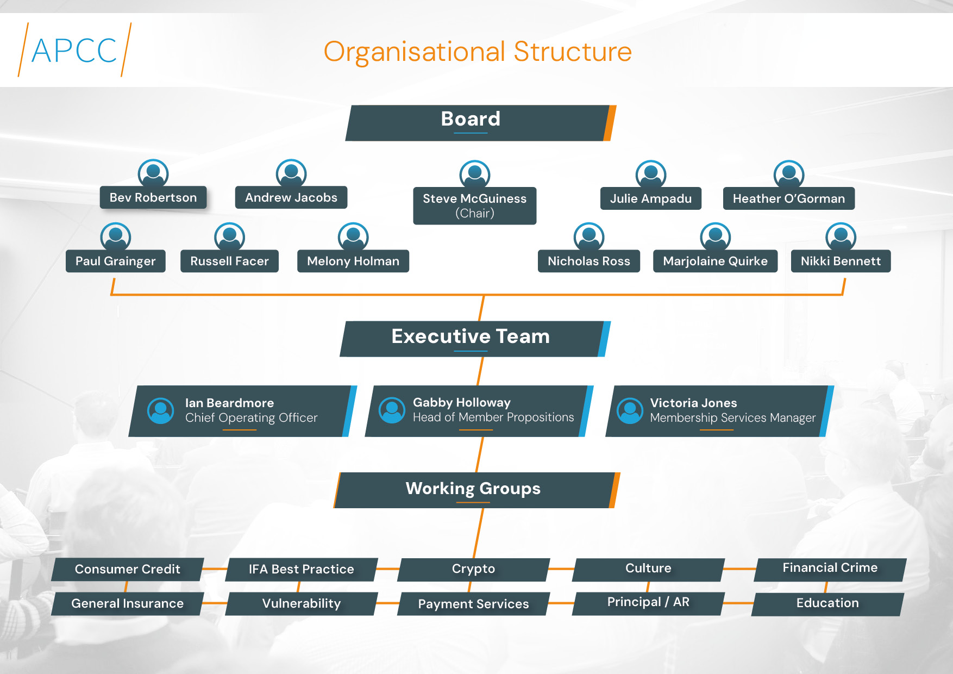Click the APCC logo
point(74,50)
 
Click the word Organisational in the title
point(415,53)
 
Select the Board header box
point(481,123)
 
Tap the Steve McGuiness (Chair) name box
point(475,205)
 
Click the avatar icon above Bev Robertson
point(153,173)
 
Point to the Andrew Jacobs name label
point(291,197)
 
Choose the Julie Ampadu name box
point(651,198)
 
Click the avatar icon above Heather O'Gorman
point(789,174)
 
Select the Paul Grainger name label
point(116,261)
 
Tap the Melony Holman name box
point(353,261)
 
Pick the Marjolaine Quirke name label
point(716,261)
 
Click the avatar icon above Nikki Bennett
point(841,236)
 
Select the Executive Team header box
point(475,339)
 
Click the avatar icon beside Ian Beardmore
point(161,411)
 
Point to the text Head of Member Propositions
point(493,417)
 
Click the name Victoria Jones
point(693,403)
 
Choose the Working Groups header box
point(477,490)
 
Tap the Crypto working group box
point(474,569)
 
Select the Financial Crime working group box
point(830,569)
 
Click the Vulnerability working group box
point(302,603)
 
